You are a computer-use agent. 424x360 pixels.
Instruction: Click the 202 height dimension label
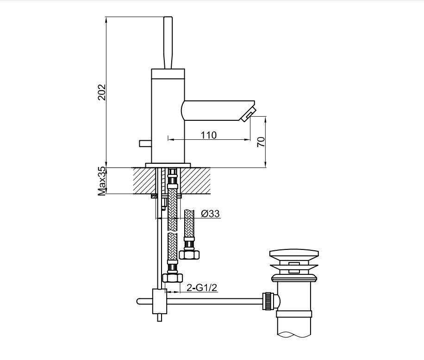[x=102, y=92]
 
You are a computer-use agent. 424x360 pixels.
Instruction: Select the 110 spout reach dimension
[x=208, y=135]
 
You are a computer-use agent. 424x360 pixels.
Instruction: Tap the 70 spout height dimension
[x=261, y=142]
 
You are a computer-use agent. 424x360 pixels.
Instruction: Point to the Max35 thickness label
[x=102, y=181]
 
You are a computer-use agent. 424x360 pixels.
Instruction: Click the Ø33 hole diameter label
[x=211, y=213]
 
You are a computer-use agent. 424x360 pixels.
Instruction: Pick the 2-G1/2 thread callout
[x=202, y=288]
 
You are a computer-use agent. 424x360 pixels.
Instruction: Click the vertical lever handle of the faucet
[x=168, y=43]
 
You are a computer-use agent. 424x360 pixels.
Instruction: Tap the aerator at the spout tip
[x=248, y=114]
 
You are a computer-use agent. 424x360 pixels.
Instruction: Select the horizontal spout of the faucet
[x=218, y=110]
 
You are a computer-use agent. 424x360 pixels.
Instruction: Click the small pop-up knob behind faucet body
[x=145, y=143]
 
